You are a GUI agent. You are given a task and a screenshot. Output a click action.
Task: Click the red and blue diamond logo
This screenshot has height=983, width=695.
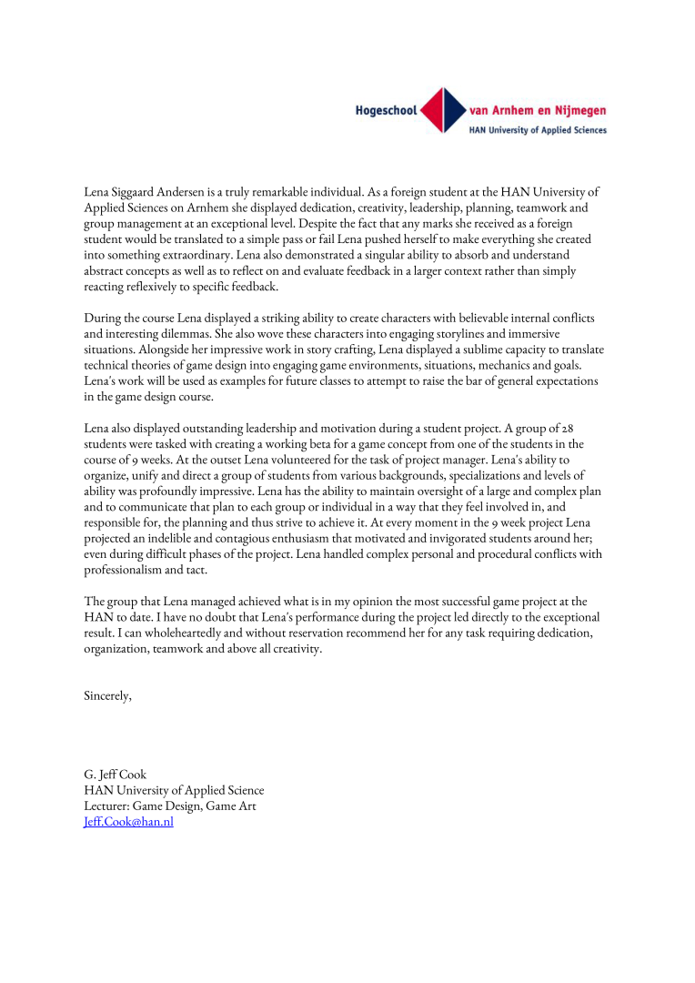point(442,111)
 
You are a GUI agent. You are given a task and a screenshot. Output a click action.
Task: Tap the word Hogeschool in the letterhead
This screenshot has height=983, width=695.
point(386,111)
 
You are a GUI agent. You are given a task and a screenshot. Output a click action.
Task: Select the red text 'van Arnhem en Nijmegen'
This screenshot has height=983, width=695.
point(538,111)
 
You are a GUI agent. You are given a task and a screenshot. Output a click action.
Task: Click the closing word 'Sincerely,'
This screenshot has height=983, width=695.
point(108,695)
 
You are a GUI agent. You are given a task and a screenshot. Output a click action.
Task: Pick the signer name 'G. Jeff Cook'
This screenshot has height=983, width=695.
point(115,775)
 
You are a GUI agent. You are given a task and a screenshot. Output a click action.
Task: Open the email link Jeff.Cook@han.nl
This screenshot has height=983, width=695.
point(128,822)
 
